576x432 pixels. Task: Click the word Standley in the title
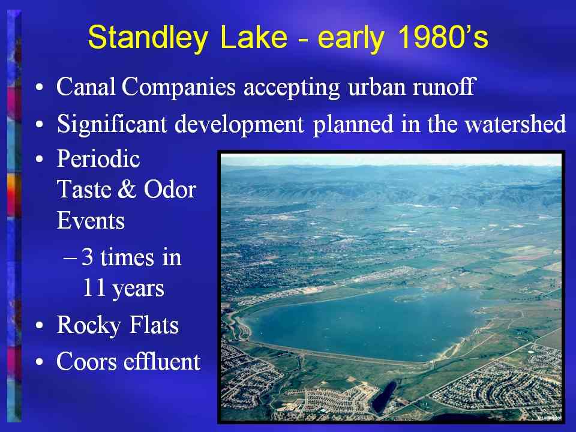pyautogui.click(x=148, y=37)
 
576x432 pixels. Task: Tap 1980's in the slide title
pyautogui.click(x=443, y=37)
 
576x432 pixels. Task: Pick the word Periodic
pyautogui.click(x=98, y=158)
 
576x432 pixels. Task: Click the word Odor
pyautogui.click(x=170, y=190)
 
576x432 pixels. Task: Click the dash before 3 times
pyautogui.click(x=70, y=258)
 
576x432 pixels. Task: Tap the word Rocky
pyautogui.click(x=89, y=326)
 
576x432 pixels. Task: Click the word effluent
pyautogui.click(x=161, y=361)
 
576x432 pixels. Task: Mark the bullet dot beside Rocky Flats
pyautogui.click(x=40, y=326)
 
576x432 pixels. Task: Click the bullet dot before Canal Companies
pyautogui.click(x=40, y=88)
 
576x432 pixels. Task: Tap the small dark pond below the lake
pyautogui.click(x=384, y=397)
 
